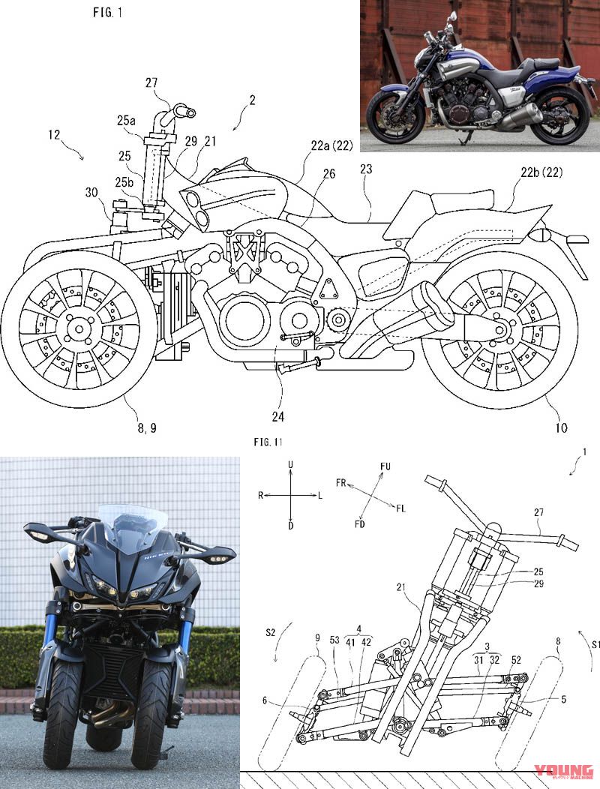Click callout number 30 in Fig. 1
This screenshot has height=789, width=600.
pos(92,191)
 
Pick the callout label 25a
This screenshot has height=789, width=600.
pos(125,120)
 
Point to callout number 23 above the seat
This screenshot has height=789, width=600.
pos(366,169)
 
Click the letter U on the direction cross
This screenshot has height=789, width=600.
pos(289,466)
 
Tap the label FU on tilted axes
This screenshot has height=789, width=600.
pos(385,466)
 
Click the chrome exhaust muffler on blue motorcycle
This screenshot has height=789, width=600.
pos(517,115)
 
